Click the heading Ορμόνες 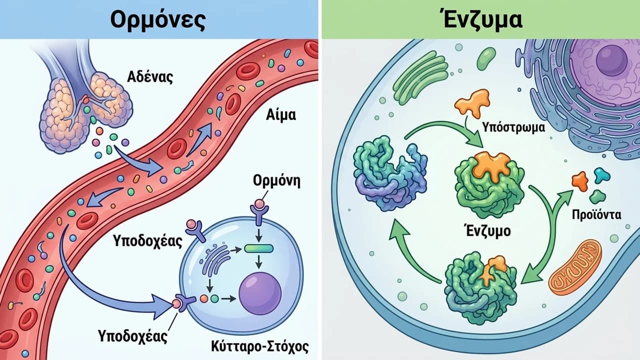pos(158,20)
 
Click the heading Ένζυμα pos(482,19)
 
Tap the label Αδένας pos(150,77)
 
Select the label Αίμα pos(281,115)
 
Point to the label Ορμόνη pos(277,181)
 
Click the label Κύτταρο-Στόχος pos(260,346)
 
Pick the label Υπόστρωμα pos(513,127)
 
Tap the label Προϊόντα pos(596,215)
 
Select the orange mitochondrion pos(575,267)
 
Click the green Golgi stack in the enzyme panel pos(420,77)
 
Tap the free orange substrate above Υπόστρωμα pos(472,103)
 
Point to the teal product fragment pos(602,175)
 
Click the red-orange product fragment pos(580,181)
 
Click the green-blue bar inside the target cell pos(259,248)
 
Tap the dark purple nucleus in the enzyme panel pos(611,60)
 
